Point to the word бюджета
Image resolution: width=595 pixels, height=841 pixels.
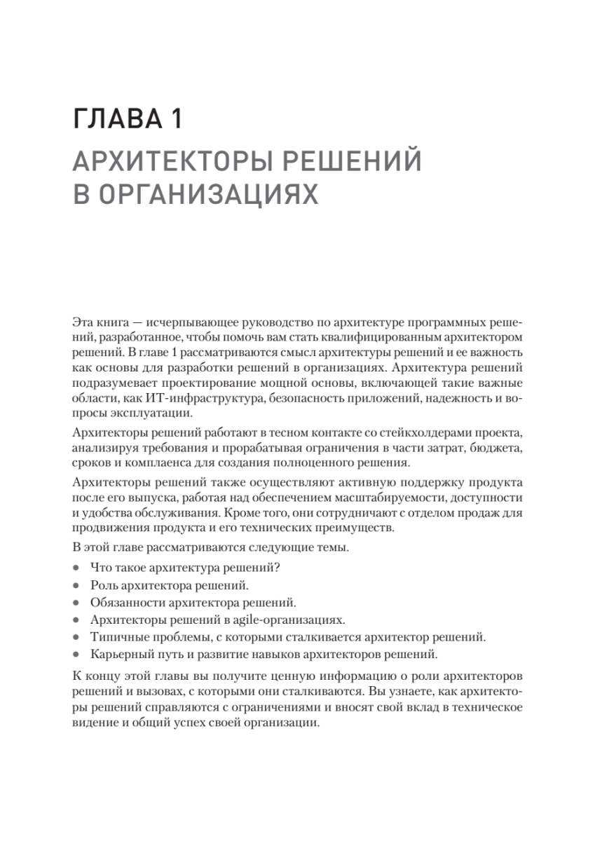click(502, 447)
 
